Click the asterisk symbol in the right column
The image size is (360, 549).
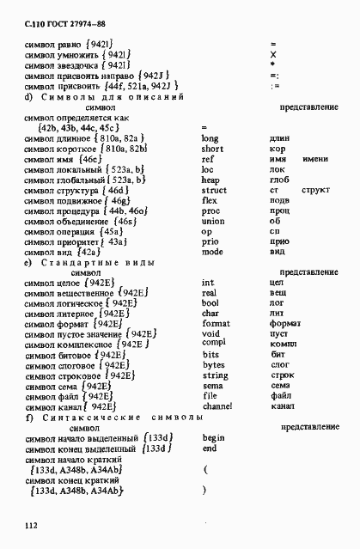(272, 64)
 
